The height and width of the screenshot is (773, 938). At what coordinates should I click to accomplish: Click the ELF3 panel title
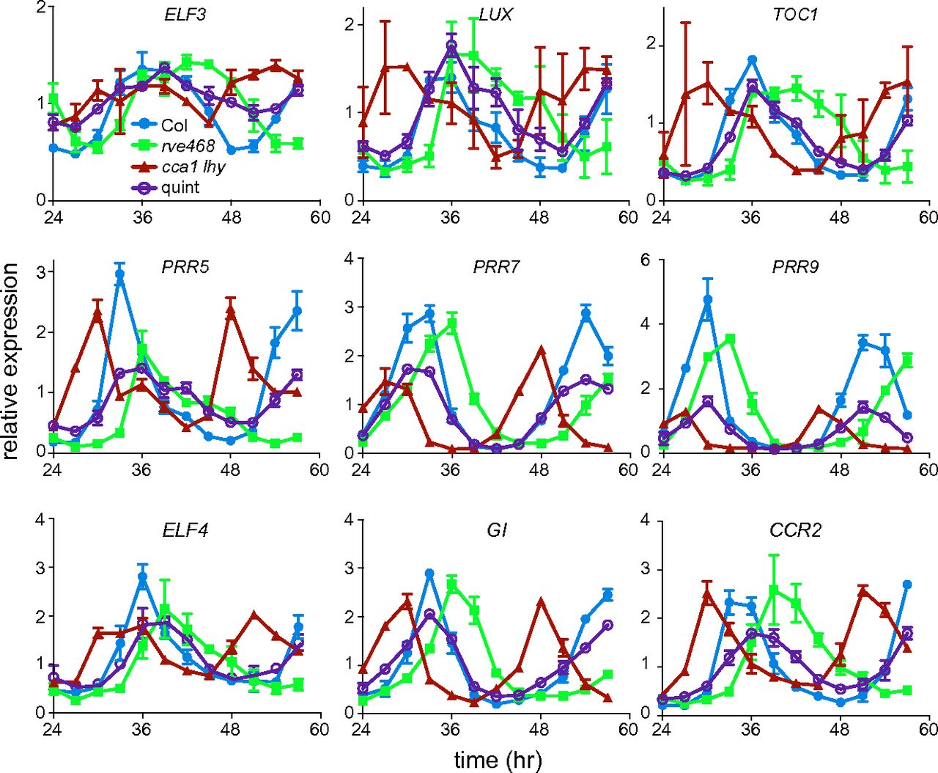point(185,14)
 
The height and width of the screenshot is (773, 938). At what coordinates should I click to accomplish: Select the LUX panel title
point(495,14)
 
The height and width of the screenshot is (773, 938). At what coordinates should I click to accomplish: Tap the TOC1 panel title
point(794,14)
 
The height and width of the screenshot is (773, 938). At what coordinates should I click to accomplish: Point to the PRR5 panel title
point(185,267)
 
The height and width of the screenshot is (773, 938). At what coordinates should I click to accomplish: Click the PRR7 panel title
point(496,267)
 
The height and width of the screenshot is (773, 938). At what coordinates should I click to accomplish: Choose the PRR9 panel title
point(795,267)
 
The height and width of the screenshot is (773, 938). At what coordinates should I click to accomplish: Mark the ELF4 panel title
point(185,530)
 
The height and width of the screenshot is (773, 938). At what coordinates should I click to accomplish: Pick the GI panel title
point(496,530)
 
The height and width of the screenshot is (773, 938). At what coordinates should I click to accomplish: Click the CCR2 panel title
point(795,530)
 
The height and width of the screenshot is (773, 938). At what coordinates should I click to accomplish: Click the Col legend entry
point(174,125)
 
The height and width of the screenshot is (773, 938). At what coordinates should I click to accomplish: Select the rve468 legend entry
point(188,146)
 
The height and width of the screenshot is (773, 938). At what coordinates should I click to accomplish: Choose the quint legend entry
point(180,187)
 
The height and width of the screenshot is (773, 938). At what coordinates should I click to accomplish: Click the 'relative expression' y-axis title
point(11,362)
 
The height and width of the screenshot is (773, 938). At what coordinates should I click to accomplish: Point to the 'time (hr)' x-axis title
point(497,759)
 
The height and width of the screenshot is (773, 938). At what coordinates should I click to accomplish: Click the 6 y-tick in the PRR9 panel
point(646,261)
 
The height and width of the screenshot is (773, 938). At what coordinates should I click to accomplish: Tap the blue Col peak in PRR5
point(119,275)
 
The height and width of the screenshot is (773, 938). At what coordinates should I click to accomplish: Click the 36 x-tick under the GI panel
point(450,730)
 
